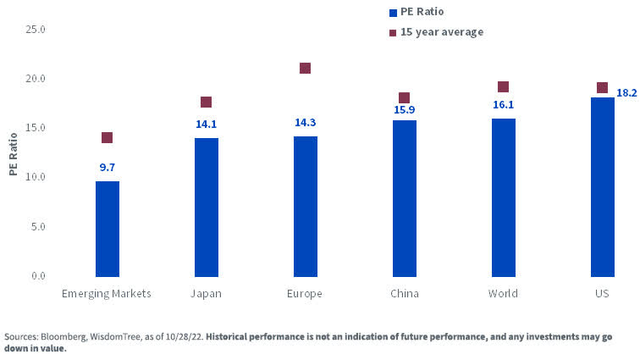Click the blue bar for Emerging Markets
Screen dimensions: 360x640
pos(107,229)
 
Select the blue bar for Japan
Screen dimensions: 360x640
pos(206,208)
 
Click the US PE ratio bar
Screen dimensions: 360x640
pos(602,187)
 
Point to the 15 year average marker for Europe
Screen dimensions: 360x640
pos(305,68)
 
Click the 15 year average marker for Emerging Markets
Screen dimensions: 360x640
pos(107,137)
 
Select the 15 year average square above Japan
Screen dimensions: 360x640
pos(206,102)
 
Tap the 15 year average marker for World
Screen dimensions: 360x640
pos(503,86)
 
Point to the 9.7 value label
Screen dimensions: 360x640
pos(107,168)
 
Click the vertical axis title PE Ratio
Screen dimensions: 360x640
pos(13,152)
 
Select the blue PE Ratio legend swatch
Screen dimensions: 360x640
pos(392,13)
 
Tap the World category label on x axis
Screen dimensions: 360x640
pos(503,293)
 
